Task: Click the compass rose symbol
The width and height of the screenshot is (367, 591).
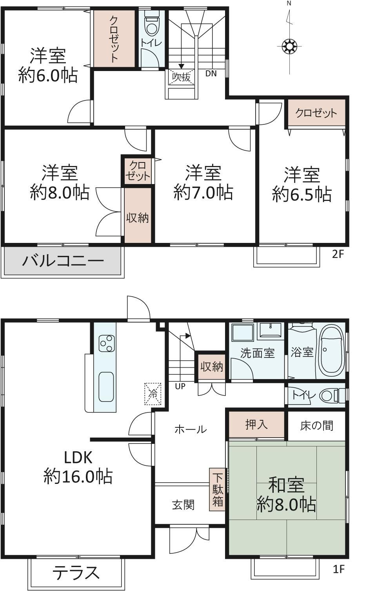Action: [x=289, y=46]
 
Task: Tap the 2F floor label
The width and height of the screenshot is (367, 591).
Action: [x=338, y=254]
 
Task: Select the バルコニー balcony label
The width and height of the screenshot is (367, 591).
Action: [x=63, y=261]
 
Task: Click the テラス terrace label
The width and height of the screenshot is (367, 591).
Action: [x=76, y=573]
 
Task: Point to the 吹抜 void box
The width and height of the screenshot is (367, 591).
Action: [x=182, y=77]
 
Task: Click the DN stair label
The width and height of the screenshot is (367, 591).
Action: [x=211, y=74]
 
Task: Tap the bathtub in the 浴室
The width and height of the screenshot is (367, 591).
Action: [x=332, y=352]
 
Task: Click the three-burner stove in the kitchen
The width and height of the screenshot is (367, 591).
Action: [x=107, y=343]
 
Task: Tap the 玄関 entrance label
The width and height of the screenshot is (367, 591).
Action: [x=183, y=505]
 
